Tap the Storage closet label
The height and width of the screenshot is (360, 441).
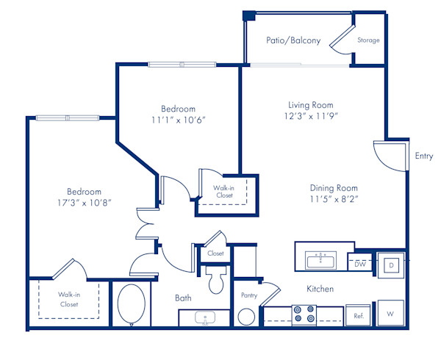coord(368,40)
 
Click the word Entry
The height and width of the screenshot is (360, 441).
coord(423,156)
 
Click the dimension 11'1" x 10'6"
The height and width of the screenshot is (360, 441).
coord(179,120)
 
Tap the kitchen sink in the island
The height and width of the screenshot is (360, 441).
coord(321,260)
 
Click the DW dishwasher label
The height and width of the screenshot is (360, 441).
coord(360,262)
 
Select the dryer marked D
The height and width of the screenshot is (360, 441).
coord(391,264)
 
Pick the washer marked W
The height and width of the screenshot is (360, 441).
coord(390,313)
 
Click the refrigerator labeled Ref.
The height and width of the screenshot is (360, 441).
coord(359,315)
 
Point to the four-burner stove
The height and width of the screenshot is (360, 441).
coord(304,314)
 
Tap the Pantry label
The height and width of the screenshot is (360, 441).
coord(248,295)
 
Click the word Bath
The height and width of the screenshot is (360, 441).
coord(183,298)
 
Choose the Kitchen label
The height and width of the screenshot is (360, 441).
coord(320,289)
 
